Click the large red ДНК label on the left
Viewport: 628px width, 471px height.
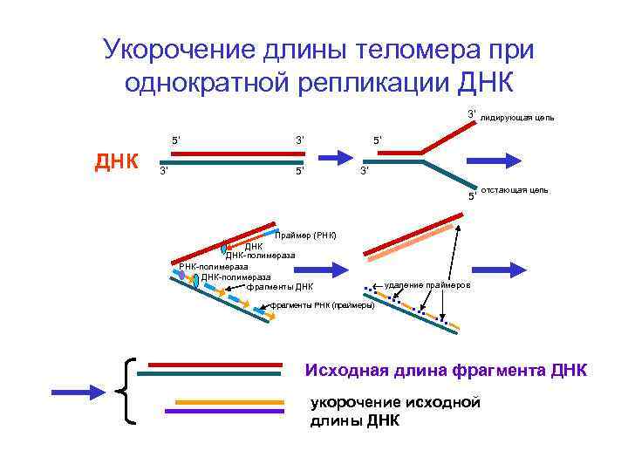(x=116, y=161)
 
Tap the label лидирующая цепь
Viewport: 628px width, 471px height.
(x=517, y=118)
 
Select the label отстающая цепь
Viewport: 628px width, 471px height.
(x=514, y=191)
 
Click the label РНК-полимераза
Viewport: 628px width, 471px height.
(x=214, y=265)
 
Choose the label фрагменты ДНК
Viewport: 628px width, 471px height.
(x=279, y=286)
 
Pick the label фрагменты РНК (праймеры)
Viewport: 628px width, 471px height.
(x=322, y=306)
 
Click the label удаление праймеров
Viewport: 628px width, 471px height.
(x=427, y=285)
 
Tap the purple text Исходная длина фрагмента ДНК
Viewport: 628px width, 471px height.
(x=446, y=371)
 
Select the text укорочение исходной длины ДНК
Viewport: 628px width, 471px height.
(x=395, y=412)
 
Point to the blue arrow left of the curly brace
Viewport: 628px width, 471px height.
(x=76, y=392)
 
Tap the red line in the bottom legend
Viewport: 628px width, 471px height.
(x=215, y=365)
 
